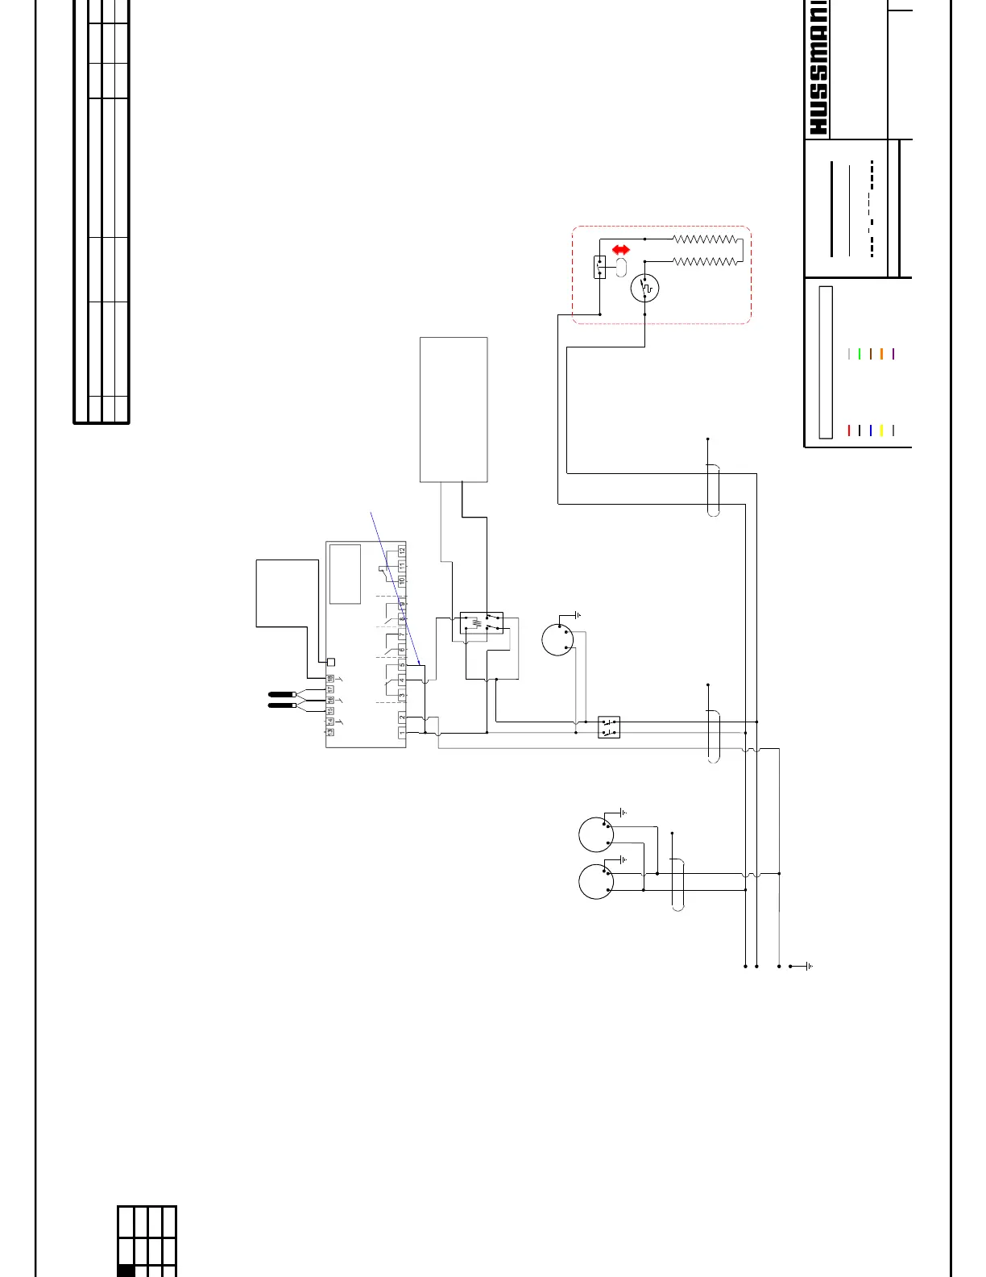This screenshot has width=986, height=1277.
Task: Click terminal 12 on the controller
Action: coord(402,551)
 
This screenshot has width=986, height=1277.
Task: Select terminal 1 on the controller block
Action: coord(402,733)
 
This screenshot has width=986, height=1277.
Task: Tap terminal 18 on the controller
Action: coord(330,679)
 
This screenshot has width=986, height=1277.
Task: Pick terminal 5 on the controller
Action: coord(402,665)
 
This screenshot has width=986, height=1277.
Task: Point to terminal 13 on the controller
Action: coord(330,731)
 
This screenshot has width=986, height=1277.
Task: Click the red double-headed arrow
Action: coord(621,250)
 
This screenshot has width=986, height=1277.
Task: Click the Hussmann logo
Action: coord(818,69)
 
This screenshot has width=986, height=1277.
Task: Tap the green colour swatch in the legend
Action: coord(860,353)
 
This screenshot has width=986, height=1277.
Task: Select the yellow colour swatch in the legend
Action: coord(882,431)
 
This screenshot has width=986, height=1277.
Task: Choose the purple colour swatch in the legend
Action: coord(893,353)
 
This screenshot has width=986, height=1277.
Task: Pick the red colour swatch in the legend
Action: coord(849,431)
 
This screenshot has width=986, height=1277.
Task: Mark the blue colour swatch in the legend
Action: coord(871,431)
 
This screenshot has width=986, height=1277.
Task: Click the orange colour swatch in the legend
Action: coord(882,353)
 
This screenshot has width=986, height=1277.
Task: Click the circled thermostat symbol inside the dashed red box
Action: coord(645,288)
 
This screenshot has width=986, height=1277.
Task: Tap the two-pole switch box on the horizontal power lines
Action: coord(609,727)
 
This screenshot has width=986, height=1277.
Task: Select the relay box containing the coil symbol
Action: coord(482,623)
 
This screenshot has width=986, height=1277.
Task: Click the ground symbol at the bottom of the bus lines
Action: coord(808,966)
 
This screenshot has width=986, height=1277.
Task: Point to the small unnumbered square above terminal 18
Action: coord(330,662)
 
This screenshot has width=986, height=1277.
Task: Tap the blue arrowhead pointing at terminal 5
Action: coord(419,663)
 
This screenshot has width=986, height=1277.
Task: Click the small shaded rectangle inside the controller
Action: coord(345,574)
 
